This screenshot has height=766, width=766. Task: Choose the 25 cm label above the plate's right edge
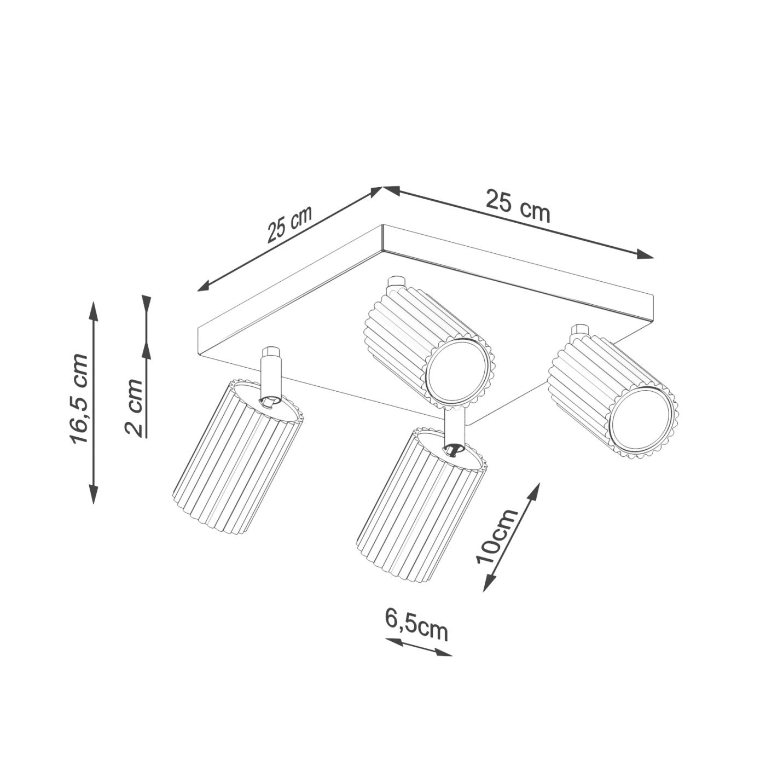point(518,207)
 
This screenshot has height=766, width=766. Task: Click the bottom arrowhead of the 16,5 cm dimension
point(93,494)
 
